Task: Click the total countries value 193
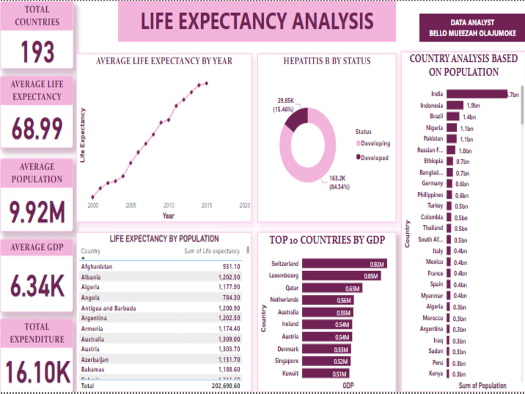(37, 52)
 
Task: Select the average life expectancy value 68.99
(37, 129)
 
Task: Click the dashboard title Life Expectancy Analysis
(257, 22)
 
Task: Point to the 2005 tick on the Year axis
(131, 205)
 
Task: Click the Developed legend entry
(374, 158)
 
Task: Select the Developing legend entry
(375, 143)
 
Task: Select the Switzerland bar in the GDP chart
(344, 264)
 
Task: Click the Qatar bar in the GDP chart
(332, 288)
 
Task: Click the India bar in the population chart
(477, 94)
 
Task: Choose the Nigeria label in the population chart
(434, 128)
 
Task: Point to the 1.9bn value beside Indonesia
(473, 106)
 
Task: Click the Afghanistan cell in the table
(97, 266)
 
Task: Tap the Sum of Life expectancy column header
(212, 251)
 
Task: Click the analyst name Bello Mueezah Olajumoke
(472, 33)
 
